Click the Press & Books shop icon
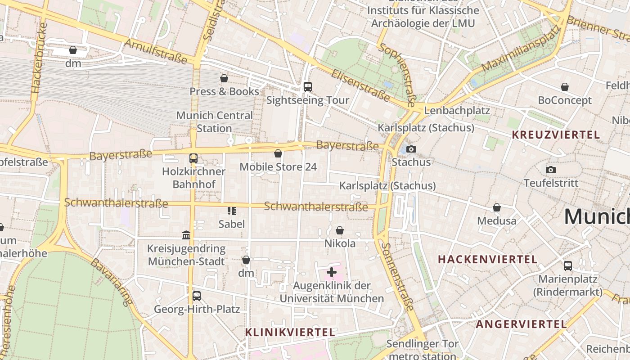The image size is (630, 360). pos(224,78)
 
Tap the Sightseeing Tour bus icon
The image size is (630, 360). pos(308,87)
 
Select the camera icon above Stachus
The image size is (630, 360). pos(411,149)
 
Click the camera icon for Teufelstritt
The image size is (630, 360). pos(550,170)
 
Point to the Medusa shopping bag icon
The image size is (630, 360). pos(497,207)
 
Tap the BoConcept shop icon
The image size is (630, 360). pos(565,87)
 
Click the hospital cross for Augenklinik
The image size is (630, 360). pos(332,272)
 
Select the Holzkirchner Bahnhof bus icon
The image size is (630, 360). pos(193,158)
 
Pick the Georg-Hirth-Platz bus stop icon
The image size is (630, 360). pos(197,296)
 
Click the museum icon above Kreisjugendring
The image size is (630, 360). pos(186,235)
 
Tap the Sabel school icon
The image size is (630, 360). pos(232,211)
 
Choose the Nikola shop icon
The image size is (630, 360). pos(340,230)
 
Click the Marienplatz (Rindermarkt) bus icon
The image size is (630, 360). pos(568,266)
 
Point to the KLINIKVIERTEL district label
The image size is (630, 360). pos(290,332)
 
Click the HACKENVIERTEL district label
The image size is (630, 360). pos(487,259)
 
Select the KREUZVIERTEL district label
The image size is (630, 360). pos(556,135)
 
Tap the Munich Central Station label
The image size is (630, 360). pos(215,121)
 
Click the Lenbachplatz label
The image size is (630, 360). pos(457,110)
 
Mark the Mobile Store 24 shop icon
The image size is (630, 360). pos(278,153)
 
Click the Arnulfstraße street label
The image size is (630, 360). pos(155,51)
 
